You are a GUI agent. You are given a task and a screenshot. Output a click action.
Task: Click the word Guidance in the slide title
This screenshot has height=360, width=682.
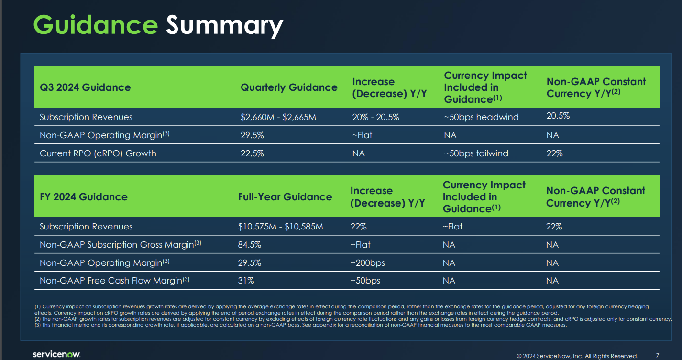pyautogui.click(x=95, y=25)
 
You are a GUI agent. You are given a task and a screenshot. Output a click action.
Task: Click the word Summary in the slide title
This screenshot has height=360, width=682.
pyautogui.click(x=224, y=26)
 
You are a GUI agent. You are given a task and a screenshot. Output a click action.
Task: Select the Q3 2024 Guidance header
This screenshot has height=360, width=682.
pyautogui.click(x=85, y=87)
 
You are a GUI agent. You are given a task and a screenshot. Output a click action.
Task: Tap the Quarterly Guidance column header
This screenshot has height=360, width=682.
pyautogui.click(x=289, y=87)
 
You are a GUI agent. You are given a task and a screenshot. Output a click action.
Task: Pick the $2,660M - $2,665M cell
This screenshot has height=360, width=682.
pyautogui.click(x=278, y=117)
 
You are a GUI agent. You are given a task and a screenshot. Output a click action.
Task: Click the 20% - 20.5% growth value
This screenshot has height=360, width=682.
pyautogui.click(x=375, y=117)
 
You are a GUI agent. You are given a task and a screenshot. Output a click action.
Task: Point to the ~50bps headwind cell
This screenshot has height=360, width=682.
pyautogui.click(x=481, y=117)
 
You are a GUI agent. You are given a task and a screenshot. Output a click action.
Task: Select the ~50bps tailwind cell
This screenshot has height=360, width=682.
pyautogui.click(x=476, y=153)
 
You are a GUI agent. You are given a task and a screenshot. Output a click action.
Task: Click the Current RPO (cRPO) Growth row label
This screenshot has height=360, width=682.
pyautogui.click(x=98, y=153)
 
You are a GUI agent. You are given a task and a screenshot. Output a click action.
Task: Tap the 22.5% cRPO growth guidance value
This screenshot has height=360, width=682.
pyautogui.click(x=252, y=153)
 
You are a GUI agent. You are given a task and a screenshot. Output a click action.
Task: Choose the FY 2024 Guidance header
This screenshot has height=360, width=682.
pyautogui.click(x=84, y=197)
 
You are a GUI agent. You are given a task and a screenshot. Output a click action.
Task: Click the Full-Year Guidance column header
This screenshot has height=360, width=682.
pyautogui.click(x=285, y=197)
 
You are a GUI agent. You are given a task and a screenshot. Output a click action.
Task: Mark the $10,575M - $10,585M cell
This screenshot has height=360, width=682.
pyautogui.click(x=280, y=227)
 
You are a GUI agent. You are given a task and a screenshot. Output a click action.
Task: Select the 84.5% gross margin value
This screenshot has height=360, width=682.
pyautogui.click(x=250, y=245)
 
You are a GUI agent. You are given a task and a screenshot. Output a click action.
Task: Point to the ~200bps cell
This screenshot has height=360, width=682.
pyautogui.click(x=367, y=263)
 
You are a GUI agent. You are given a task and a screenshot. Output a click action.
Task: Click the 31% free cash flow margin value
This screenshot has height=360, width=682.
pyautogui.click(x=246, y=281)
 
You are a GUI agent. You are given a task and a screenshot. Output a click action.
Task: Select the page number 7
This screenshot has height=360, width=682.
pyautogui.click(x=658, y=355)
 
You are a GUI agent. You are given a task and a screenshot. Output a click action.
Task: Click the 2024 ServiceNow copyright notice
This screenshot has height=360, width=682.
pyautogui.click(x=577, y=356)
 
